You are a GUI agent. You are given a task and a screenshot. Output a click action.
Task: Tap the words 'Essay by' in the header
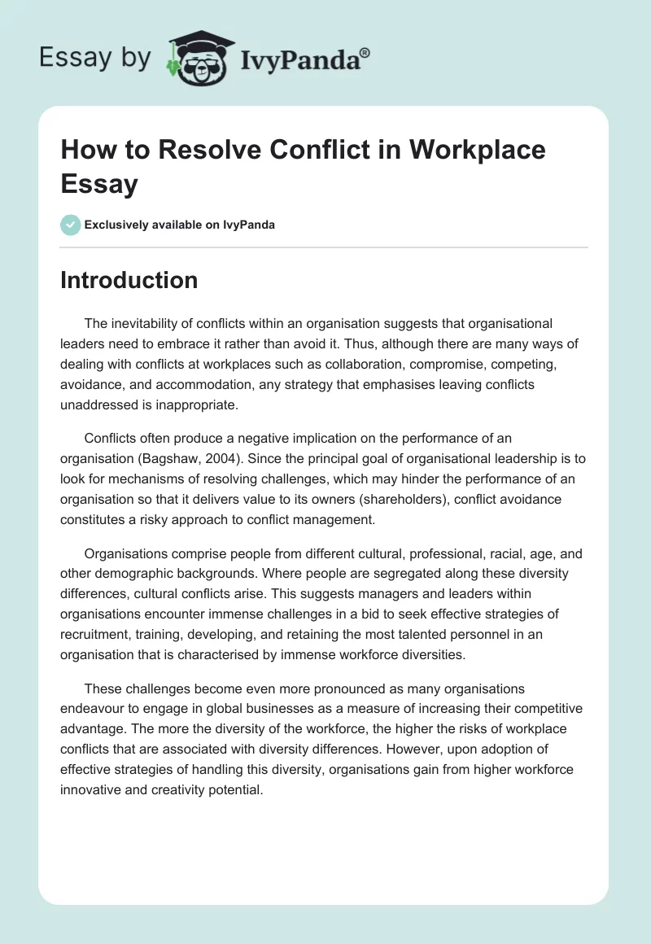[94, 58]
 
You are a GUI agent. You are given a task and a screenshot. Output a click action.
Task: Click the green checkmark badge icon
[71, 225]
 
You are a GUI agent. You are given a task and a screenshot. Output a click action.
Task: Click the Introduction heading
[129, 280]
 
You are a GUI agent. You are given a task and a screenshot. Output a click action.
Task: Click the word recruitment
[98, 632]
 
